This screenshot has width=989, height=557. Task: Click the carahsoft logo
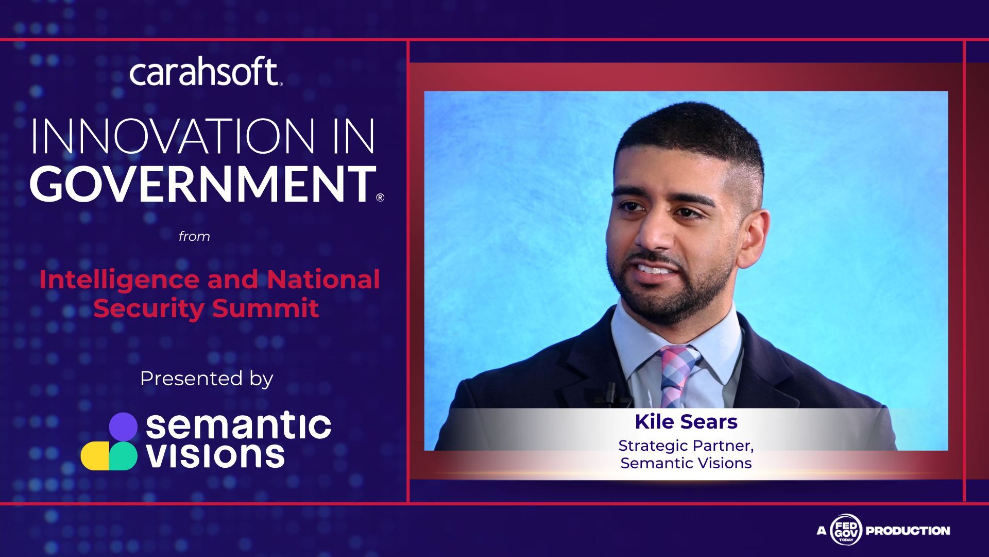coord(206,72)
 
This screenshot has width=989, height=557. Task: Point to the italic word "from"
coord(194,237)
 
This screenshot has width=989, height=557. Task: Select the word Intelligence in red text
coord(120,280)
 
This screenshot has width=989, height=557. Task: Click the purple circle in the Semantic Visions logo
coord(123,426)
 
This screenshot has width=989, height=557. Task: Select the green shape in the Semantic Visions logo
coord(124,456)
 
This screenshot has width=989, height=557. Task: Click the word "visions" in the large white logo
coord(215,455)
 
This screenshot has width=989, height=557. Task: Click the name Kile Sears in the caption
coord(686,422)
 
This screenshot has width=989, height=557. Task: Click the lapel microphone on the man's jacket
coord(611,392)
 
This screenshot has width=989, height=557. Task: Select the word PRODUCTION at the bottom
coord(908,531)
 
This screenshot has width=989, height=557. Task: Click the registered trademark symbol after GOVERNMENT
coord(380,197)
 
